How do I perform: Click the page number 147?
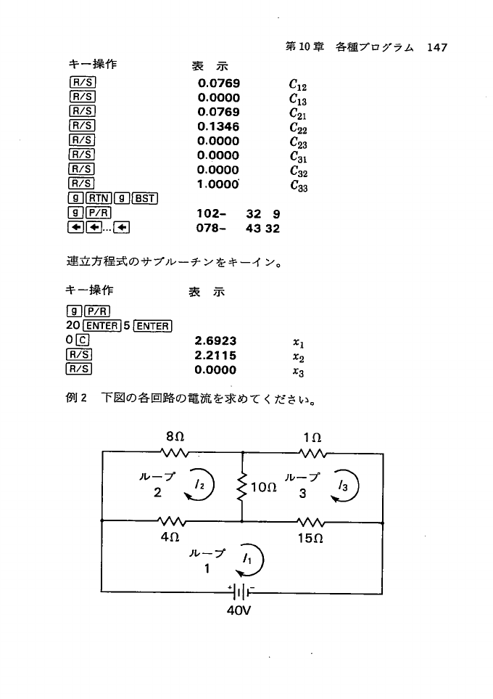[x=437, y=47]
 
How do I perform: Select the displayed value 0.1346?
[x=218, y=127]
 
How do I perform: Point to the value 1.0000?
[x=219, y=184]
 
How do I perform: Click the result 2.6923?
[x=216, y=340]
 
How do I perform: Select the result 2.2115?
[x=216, y=355]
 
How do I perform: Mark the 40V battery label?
[x=239, y=610]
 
